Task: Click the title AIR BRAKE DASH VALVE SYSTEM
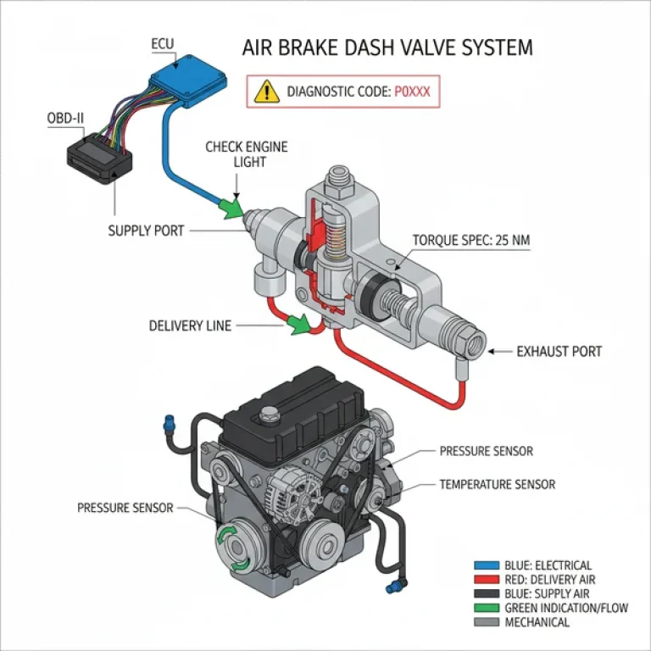(387, 47)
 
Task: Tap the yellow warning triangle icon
(268, 92)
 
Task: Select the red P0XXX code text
(413, 92)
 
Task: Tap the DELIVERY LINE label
(189, 325)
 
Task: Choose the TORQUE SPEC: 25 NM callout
(471, 241)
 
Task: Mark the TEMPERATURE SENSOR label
(497, 485)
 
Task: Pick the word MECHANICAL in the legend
(537, 622)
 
